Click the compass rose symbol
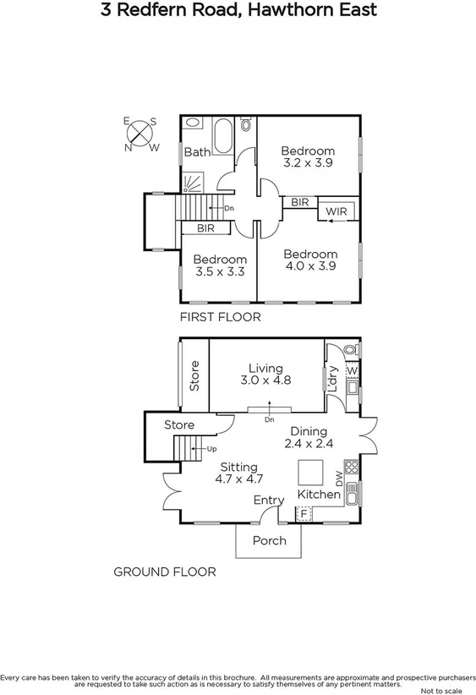141,134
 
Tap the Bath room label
197,152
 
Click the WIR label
336,211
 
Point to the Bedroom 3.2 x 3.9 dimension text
308,163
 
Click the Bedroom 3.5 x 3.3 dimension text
220,272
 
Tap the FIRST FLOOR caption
220,317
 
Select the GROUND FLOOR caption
164,572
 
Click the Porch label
270,540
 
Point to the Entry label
269,501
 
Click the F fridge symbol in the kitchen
303,513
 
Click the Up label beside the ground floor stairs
211,449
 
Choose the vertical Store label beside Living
194,376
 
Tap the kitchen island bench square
309,471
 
